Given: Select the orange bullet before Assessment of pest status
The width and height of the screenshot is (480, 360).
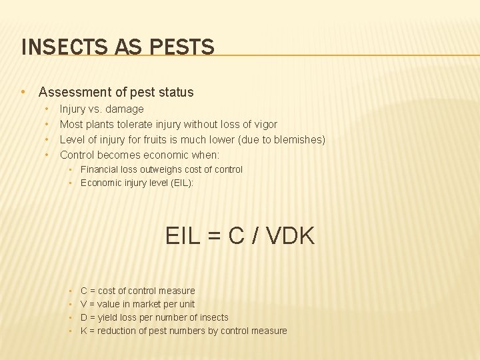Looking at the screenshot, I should [23, 92].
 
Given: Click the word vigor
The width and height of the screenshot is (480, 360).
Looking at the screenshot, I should [264, 124].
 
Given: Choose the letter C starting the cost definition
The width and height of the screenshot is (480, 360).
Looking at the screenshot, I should [84, 291].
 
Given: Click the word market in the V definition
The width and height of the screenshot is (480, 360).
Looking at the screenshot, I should [142, 304].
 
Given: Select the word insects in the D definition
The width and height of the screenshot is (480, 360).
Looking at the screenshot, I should [213, 317].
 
